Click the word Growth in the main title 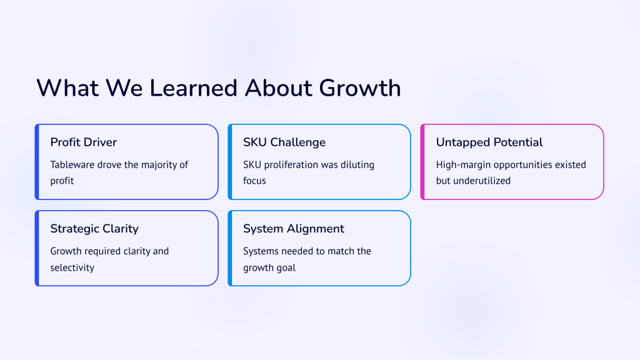point(359,88)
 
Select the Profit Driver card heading point(83,142)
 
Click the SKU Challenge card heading point(284,142)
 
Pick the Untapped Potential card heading point(489,142)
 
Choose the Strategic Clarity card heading point(94,229)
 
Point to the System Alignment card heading point(294,229)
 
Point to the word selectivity point(72,267)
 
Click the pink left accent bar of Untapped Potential point(423,162)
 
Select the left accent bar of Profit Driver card point(37,162)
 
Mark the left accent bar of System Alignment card point(230,248)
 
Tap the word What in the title point(67,88)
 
